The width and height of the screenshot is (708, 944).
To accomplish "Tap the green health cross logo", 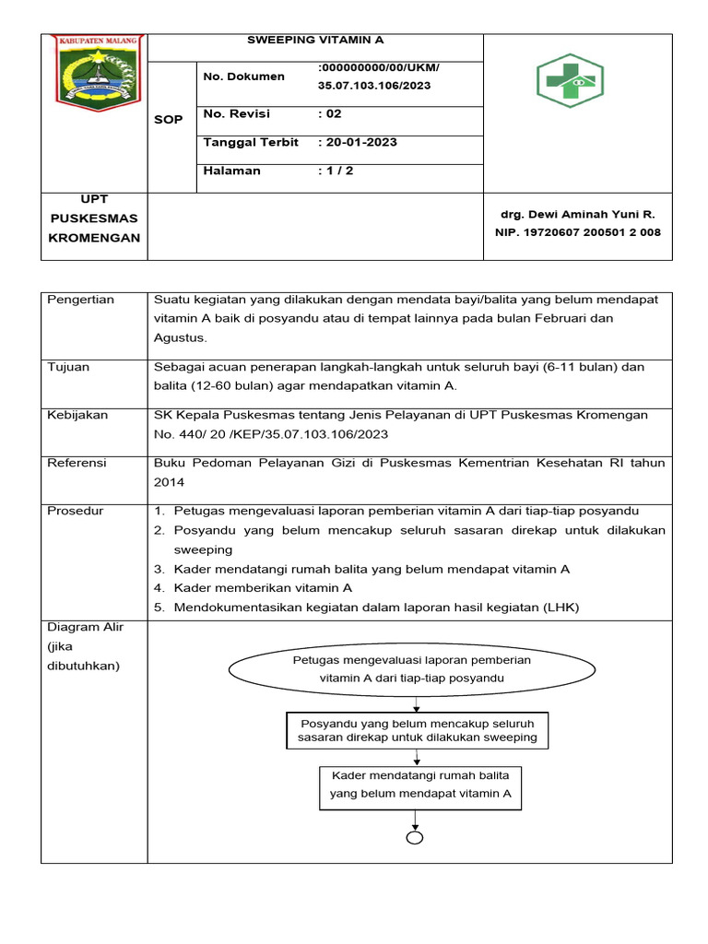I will (x=570, y=81).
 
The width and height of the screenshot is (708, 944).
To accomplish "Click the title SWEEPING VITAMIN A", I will (x=315, y=41).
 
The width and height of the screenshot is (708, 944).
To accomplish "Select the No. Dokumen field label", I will (x=244, y=76).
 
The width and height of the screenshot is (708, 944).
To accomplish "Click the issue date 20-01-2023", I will (x=358, y=143).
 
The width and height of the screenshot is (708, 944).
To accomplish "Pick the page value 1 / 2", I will (x=336, y=171).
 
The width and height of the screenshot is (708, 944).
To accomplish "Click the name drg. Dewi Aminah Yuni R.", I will (x=577, y=214).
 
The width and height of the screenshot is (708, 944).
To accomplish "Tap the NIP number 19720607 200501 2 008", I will (x=577, y=232).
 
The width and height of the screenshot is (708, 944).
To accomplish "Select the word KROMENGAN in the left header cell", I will (x=94, y=238).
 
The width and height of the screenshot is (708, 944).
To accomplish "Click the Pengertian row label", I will (x=80, y=300).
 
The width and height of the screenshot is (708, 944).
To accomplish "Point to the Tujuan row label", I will (x=68, y=367).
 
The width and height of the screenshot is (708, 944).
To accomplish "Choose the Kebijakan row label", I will (x=77, y=415).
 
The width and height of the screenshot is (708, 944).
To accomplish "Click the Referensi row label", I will (x=77, y=463).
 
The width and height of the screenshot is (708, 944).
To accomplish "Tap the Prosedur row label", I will (x=76, y=511).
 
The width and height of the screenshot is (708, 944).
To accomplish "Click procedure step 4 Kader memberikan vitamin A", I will (x=261, y=587).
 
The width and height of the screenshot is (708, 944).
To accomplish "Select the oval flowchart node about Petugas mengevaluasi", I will (x=412, y=669).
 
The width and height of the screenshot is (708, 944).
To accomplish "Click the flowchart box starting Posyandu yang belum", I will (x=417, y=731).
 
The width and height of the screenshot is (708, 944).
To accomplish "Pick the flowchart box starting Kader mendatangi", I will (x=419, y=785).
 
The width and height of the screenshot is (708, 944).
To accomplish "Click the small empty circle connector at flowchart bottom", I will (x=416, y=838).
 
